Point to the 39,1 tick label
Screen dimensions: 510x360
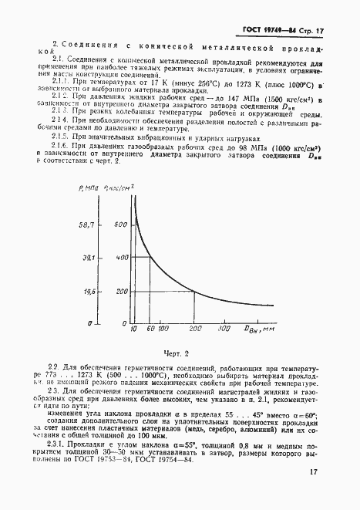point(86,258)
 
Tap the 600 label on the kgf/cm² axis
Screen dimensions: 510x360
point(119,225)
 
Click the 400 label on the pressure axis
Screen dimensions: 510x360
point(119,258)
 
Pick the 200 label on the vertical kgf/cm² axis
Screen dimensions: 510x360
point(119,292)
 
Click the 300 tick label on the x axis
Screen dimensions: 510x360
point(224,329)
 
